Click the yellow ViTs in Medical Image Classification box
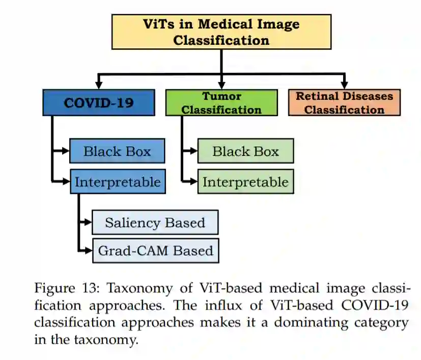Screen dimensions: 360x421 coord(221,32)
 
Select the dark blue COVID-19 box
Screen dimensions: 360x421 coord(99,103)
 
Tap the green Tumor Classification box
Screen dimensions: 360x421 coord(221,103)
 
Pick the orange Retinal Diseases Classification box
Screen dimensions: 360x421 coord(344,103)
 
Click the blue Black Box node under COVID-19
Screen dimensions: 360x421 coord(117,151)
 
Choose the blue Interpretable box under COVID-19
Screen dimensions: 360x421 coord(117,182)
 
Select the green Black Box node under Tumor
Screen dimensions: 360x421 coord(245,151)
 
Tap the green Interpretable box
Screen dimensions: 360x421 coord(245,182)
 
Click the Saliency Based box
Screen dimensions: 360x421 coord(155,223)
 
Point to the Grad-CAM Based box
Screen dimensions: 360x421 coord(155,251)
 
